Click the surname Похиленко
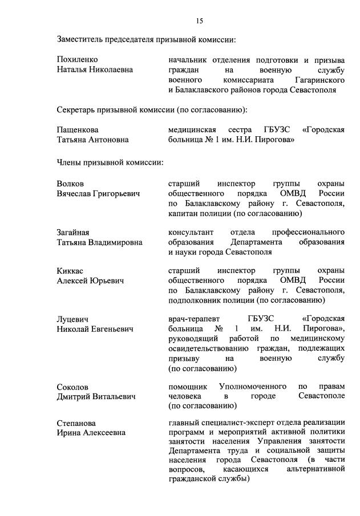pos(78,60)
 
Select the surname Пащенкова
pos(78,129)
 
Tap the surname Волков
pos(70,184)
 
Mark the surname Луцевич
pos(73,319)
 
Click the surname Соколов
pos(73,387)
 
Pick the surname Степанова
pos(76,423)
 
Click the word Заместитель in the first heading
pos(80,39)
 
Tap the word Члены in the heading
pos(69,162)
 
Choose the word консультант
pos(191,232)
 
